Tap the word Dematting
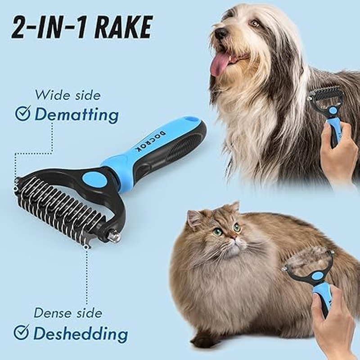coord(76,115)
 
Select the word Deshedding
coord(81,333)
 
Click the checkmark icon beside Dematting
coord(22,114)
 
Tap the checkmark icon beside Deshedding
coord(21,333)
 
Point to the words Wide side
coord(67,95)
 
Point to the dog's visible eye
coord(255,23)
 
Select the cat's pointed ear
coord(194,218)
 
